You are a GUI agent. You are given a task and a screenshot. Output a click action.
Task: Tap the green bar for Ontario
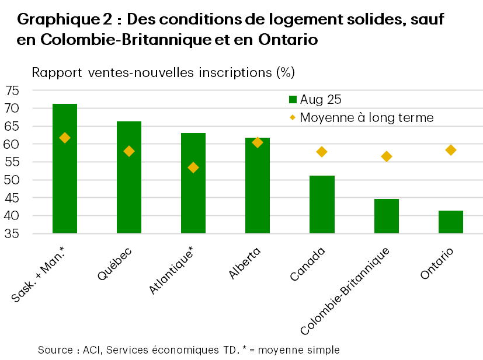pyautogui.click(x=451, y=222)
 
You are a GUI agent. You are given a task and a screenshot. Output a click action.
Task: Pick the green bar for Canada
pyautogui.click(x=322, y=205)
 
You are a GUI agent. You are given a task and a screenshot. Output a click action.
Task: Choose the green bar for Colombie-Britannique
pyautogui.click(x=386, y=216)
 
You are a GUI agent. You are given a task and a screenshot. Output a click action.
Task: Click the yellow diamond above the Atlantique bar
pyautogui.click(x=193, y=167)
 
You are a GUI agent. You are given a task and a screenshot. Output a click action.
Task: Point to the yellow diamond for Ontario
pyautogui.click(x=451, y=150)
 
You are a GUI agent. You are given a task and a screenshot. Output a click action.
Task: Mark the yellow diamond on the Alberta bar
pyautogui.click(x=258, y=142)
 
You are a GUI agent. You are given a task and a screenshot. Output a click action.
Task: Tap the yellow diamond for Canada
pyautogui.click(x=322, y=152)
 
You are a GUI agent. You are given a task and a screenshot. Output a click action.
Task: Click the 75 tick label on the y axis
pyautogui.click(x=13, y=90)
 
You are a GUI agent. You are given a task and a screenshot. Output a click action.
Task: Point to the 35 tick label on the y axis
pyautogui.click(x=13, y=233)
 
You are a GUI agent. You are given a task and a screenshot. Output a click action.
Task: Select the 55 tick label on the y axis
pyautogui.click(x=13, y=162)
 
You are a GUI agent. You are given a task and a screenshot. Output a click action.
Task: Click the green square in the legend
pyautogui.click(x=293, y=99)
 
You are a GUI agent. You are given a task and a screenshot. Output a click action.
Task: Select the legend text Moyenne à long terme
pyautogui.click(x=367, y=117)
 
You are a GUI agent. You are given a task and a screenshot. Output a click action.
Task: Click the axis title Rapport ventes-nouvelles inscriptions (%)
pyautogui.click(x=163, y=73)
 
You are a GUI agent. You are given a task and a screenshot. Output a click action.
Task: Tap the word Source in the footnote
pyautogui.click(x=55, y=350)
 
